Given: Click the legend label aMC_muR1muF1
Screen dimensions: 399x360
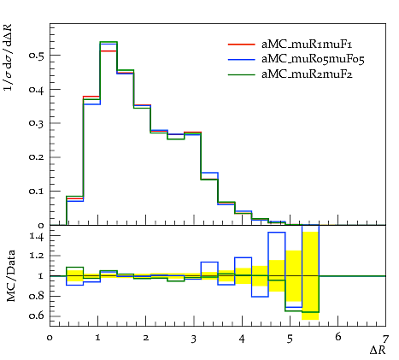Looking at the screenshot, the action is [307, 44].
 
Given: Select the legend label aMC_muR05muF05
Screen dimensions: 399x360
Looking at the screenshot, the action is [313, 59].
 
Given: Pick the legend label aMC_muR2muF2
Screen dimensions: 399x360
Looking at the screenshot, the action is [307, 74].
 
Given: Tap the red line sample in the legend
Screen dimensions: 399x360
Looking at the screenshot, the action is [242, 44].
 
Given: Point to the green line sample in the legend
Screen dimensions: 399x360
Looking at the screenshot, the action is [242, 74].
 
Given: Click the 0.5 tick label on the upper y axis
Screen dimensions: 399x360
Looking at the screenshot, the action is [36, 56].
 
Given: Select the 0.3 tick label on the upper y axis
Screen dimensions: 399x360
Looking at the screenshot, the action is [36, 123].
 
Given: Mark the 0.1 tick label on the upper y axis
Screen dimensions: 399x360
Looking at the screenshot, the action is [36, 192].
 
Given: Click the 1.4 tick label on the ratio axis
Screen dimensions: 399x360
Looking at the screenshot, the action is [37, 237].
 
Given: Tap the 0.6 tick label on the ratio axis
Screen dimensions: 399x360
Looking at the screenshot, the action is [37, 316].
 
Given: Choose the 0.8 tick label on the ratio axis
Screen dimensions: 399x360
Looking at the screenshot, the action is [37, 296].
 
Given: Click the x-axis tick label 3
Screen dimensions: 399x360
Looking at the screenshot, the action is [194, 339].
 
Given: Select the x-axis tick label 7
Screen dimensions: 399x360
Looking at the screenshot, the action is [385, 339].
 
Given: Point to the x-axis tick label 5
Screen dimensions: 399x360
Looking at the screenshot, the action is [290, 339].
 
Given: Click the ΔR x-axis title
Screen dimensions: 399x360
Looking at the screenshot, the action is [378, 350].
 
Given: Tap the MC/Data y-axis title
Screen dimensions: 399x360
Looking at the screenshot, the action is [11, 276].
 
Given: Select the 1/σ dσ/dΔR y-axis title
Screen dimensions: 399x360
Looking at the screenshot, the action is [8, 57].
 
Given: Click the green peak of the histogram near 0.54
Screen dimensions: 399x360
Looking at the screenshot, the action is [109, 42].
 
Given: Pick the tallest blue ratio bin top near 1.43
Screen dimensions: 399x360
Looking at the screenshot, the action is [277, 233].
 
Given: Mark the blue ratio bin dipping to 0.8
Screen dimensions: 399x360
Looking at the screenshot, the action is [260, 297].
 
